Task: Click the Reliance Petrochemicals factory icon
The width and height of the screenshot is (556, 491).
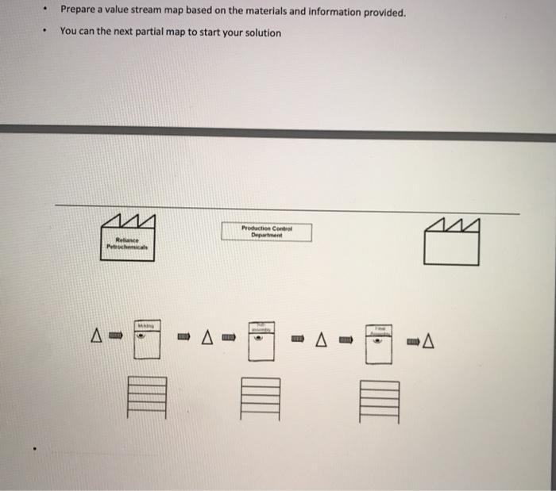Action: click(126, 239)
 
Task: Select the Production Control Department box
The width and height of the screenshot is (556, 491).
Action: click(267, 232)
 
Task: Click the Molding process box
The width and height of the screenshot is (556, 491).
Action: click(145, 340)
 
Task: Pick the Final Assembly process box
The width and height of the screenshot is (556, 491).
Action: click(378, 342)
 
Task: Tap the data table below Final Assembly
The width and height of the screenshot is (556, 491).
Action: click(379, 400)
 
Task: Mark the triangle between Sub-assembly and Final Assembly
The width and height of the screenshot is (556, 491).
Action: click(322, 340)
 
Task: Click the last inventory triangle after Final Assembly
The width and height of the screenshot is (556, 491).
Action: click(430, 342)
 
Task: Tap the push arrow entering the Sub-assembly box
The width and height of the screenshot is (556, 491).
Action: click(229, 339)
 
